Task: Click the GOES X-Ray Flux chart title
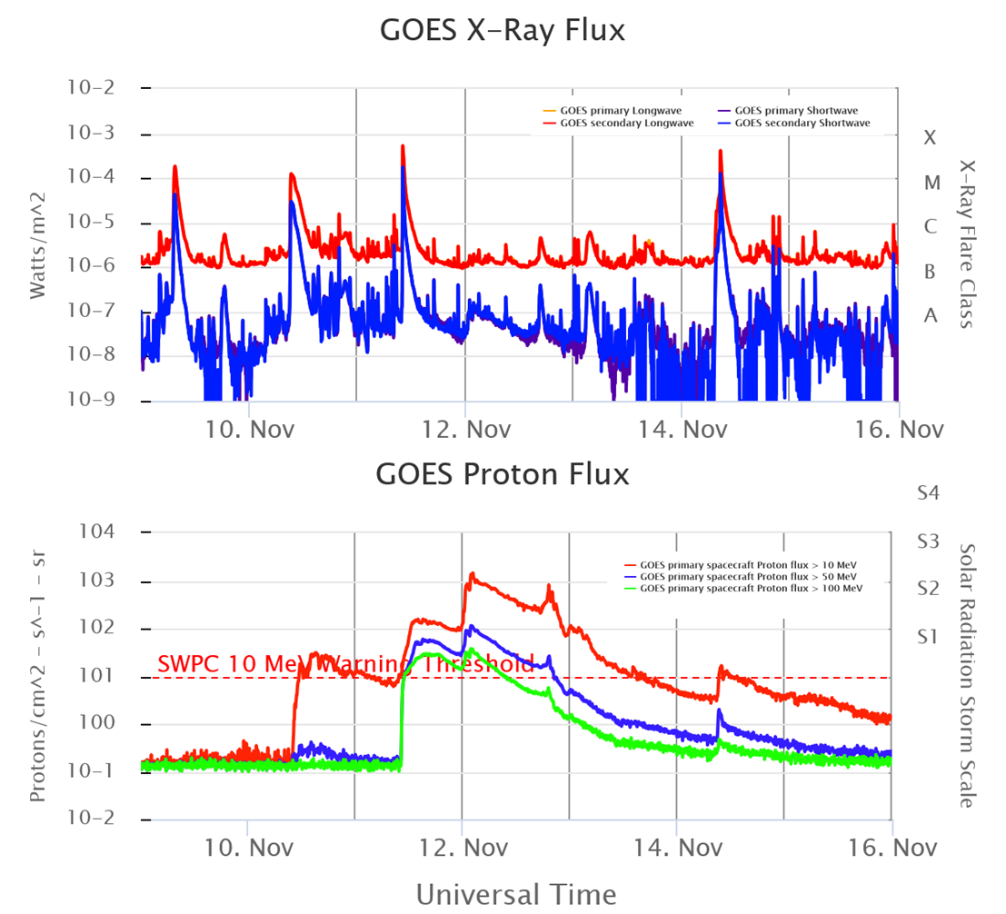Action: point(503,31)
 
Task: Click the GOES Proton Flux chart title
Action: point(502,473)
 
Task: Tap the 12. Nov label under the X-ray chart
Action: point(464,428)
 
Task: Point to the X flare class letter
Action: point(929,138)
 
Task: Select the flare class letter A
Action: point(930,315)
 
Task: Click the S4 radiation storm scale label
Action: point(928,493)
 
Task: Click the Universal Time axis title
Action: point(515,892)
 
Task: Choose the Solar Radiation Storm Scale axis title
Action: point(967,675)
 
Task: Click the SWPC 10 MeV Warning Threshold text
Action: point(345,664)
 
